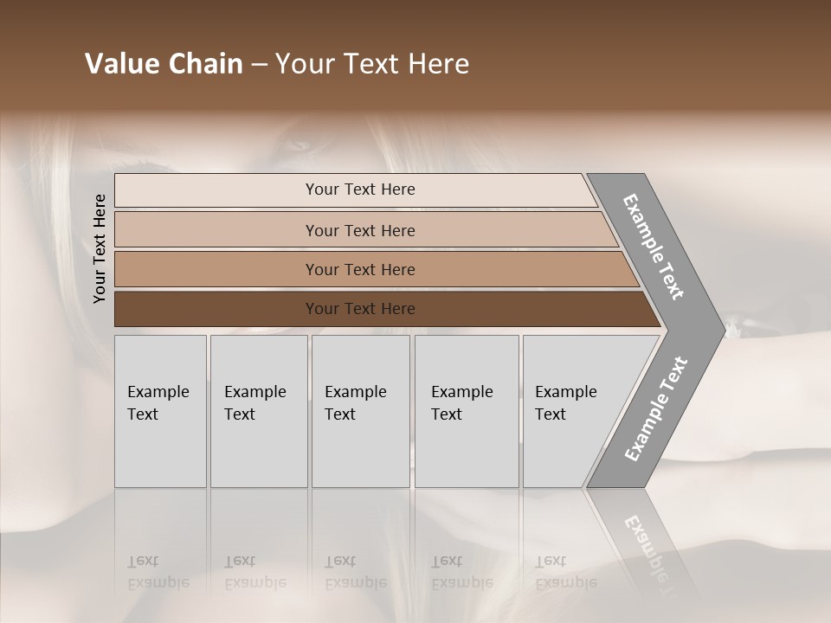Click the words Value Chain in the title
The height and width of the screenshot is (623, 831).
click(x=164, y=64)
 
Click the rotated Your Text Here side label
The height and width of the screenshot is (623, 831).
click(x=100, y=248)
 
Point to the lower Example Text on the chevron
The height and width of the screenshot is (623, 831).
click(x=656, y=408)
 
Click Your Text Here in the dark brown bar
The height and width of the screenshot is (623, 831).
click(x=360, y=309)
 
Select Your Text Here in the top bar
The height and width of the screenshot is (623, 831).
click(x=360, y=189)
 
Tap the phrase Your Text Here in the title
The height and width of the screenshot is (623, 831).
click(x=372, y=64)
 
